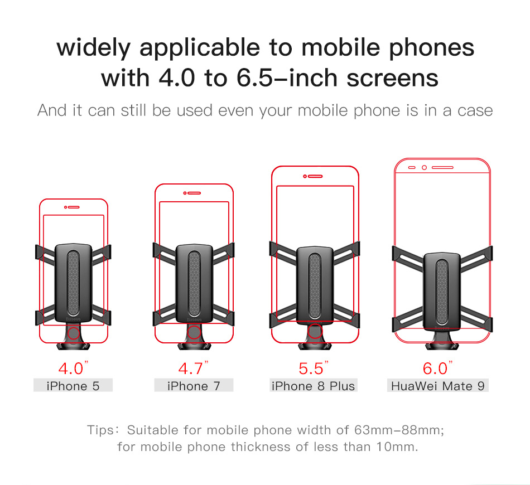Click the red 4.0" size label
73,368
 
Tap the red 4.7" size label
194,368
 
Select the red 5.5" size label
314,368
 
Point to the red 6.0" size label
437,368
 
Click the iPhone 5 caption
73,386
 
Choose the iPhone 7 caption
194,386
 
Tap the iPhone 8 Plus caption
314,386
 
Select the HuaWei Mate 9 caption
438,386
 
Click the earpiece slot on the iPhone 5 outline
73,207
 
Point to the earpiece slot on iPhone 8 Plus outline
315,176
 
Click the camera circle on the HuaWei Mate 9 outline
424,168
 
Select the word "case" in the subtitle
475,111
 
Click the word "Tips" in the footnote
101,430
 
